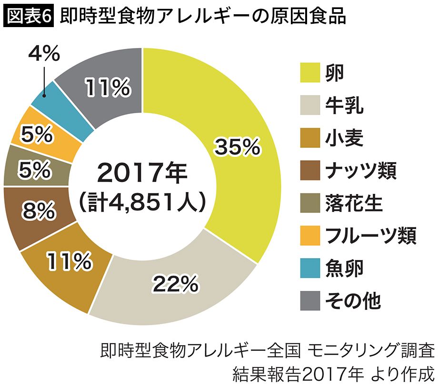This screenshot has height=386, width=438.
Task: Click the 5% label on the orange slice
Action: click(x=36, y=135)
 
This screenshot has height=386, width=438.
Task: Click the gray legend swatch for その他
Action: click(x=310, y=299)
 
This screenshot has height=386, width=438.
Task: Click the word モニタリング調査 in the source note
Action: click(x=371, y=352)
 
